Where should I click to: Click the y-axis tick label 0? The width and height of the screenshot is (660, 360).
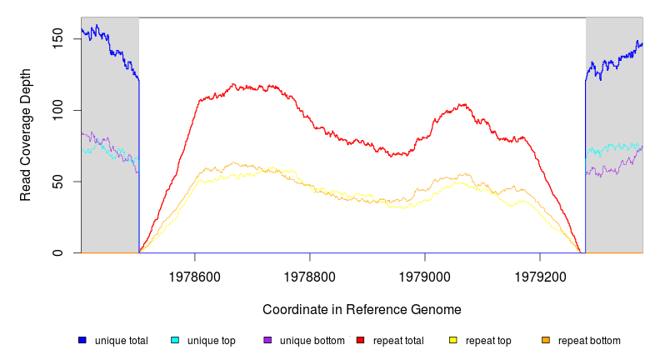[57, 252]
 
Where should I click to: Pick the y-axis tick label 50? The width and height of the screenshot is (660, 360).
[57, 182]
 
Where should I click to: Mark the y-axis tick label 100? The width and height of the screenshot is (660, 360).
[57, 110]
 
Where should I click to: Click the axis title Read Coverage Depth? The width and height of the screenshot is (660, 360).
[26, 135]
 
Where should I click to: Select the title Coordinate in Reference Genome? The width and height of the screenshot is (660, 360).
[362, 309]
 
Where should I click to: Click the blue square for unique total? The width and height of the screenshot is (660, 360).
[82, 340]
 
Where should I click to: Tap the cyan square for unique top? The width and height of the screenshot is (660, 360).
[175, 340]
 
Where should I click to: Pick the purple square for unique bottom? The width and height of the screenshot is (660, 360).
[267, 340]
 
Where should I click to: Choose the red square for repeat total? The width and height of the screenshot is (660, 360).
[360, 340]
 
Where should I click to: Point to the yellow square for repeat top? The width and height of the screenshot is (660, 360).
[453, 340]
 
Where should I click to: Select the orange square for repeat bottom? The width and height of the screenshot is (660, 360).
[546, 340]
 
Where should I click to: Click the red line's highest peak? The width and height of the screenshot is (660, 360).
[234, 84]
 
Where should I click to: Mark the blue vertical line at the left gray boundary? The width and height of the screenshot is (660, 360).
[139, 167]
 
